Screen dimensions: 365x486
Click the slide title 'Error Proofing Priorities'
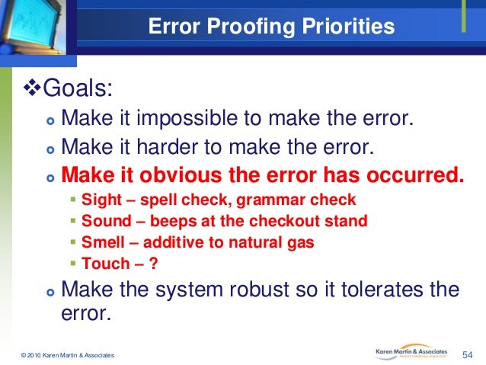(271, 27)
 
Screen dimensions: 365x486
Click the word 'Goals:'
(79, 90)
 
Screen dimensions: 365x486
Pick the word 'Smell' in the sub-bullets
(101, 243)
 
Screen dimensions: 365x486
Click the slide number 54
(468, 354)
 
